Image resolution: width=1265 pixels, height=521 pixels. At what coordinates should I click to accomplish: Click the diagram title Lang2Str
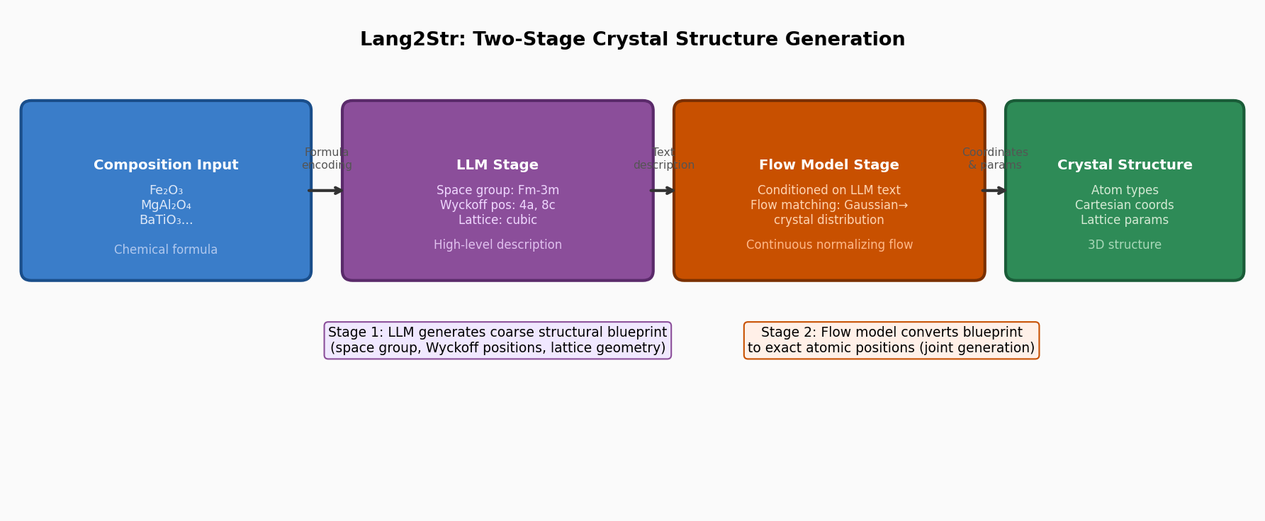click(x=632, y=40)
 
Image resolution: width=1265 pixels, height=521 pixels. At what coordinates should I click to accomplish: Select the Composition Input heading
click(x=166, y=165)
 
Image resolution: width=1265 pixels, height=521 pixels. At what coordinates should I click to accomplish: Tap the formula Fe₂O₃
click(x=166, y=191)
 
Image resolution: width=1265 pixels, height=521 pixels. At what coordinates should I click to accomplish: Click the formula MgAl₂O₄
click(x=166, y=206)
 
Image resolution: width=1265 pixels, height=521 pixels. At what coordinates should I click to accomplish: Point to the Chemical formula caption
click(x=166, y=250)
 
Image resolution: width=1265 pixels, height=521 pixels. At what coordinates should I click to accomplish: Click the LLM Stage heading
click(x=497, y=165)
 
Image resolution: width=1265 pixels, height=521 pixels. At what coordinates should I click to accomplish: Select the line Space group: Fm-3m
click(x=497, y=191)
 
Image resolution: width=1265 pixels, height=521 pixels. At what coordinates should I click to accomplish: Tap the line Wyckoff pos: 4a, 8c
click(x=497, y=206)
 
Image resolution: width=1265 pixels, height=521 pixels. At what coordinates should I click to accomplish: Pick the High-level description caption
click(x=497, y=245)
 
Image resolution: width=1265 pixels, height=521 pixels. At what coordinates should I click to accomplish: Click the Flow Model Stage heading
click(x=829, y=165)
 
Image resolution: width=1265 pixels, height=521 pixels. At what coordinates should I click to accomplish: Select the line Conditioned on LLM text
click(x=829, y=191)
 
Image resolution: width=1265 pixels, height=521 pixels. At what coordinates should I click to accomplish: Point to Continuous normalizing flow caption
click(x=829, y=245)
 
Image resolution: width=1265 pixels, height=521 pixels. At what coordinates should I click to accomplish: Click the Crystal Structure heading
click(x=1125, y=165)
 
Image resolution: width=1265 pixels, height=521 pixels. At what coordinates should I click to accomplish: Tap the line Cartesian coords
click(x=1125, y=206)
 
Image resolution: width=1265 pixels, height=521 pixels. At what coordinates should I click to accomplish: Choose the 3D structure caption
click(x=1125, y=245)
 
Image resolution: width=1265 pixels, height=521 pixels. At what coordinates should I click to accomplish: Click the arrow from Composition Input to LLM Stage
click(x=326, y=191)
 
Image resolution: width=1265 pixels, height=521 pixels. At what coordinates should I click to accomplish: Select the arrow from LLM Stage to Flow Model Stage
click(x=663, y=191)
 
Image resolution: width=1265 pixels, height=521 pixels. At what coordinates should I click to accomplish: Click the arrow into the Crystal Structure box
click(x=994, y=191)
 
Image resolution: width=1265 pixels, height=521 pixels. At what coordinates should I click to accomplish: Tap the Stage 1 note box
click(x=497, y=340)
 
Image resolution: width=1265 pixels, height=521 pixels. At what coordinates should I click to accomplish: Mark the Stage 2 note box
click(x=891, y=340)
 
